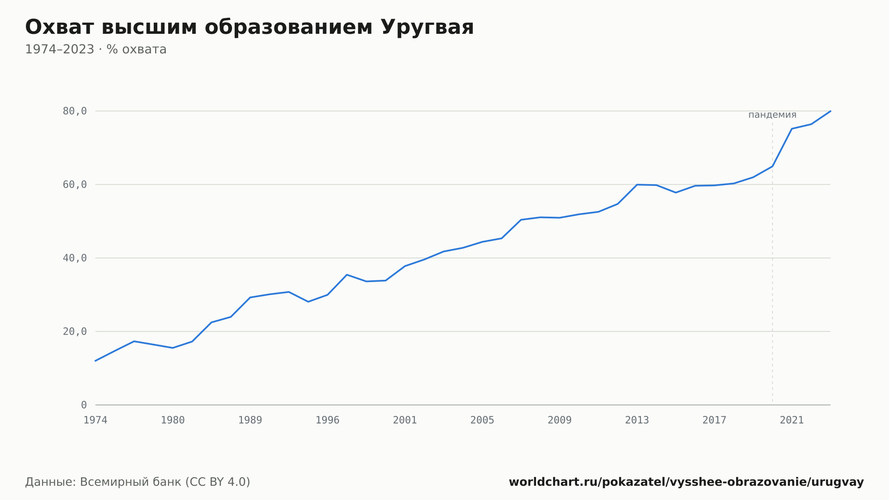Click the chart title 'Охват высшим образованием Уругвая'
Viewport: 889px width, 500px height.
pos(249,28)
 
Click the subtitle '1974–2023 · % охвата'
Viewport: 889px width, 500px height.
pos(96,49)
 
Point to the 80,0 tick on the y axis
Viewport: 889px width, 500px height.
pos(75,111)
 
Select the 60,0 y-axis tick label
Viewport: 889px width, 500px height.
pos(75,185)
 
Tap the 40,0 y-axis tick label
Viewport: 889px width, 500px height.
pos(75,258)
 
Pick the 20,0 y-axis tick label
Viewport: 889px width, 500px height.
pos(75,331)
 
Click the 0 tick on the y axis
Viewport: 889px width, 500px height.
pos(84,405)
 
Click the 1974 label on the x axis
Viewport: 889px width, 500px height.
pos(96,420)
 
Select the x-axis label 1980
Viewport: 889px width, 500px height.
pos(173,420)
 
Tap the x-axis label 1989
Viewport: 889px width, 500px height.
pos(250,420)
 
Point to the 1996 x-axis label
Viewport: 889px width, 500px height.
pos(328,420)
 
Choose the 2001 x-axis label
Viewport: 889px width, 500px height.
pos(405,420)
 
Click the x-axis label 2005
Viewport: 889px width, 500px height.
pos(482,420)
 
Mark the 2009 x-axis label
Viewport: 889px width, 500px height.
pos(560,420)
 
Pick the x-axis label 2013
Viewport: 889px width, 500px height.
pos(637,420)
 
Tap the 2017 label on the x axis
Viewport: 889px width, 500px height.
pos(714,420)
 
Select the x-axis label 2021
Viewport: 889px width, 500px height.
pos(792,420)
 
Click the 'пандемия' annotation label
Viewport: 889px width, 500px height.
pos(773,115)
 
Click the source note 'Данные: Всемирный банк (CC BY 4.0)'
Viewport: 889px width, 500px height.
pos(137,482)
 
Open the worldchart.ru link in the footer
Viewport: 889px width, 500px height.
pos(686,482)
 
